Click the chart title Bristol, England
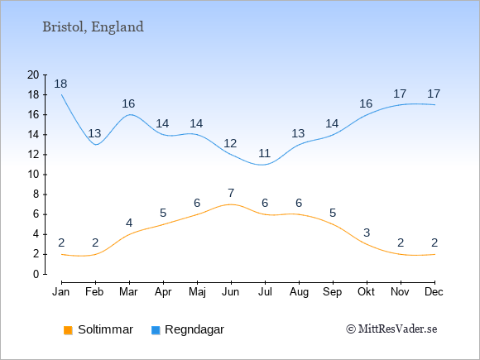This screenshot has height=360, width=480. (93, 27)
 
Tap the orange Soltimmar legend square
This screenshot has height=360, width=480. (68, 330)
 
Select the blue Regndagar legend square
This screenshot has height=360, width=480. (156, 330)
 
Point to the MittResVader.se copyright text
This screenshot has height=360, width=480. (391, 329)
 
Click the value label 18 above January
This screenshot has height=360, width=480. (60, 84)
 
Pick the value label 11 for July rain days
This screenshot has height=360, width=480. (264, 153)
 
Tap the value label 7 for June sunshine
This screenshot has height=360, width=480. (231, 193)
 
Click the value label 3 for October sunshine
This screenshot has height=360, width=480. (367, 233)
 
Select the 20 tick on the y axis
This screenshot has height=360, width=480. (33, 74)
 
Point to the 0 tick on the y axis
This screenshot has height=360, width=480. (36, 274)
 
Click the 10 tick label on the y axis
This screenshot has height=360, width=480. (33, 175)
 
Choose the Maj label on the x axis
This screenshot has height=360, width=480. (197, 292)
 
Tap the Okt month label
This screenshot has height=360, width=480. (366, 292)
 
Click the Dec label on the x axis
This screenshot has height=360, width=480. (434, 292)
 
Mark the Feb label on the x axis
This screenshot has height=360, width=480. (94, 292)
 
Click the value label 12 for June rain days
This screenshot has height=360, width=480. (230, 143)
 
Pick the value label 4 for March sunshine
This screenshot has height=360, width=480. (129, 223)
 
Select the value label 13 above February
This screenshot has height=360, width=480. (94, 133)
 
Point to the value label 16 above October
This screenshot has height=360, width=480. (366, 103)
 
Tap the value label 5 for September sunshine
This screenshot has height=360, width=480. (333, 213)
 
